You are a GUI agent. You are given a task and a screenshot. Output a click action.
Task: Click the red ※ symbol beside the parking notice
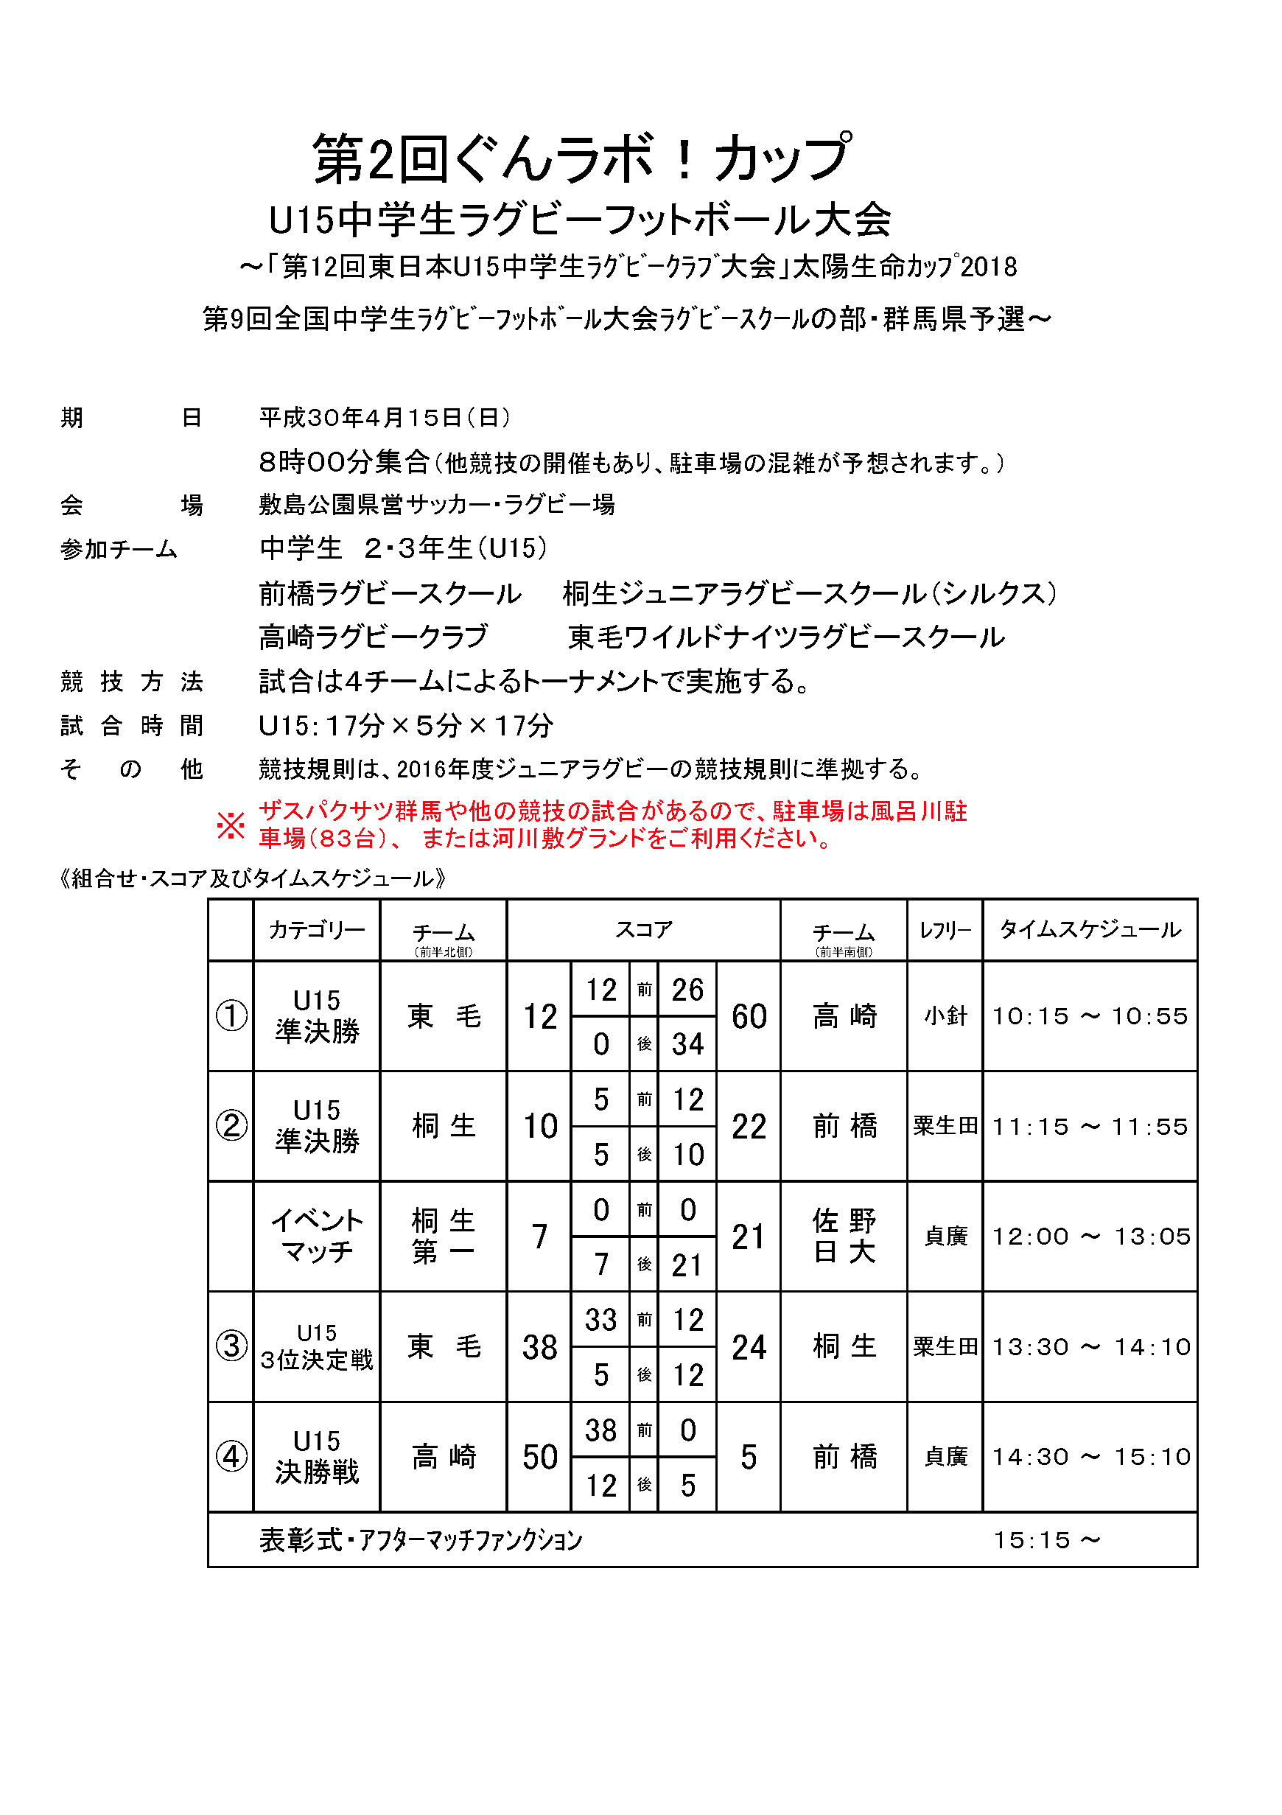click(x=231, y=825)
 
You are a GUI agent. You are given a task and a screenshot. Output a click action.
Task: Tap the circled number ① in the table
click(x=231, y=1015)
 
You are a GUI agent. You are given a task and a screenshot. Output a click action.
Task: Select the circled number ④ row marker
click(x=231, y=1456)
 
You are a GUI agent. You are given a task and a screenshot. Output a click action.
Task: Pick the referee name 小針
click(x=945, y=1015)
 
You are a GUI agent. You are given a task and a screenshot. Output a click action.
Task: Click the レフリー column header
click(x=945, y=931)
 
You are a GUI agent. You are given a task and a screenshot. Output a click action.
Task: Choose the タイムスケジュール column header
click(x=1090, y=931)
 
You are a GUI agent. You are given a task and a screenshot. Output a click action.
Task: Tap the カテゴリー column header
click(x=317, y=931)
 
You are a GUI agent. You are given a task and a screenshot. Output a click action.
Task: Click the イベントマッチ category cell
click(x=317, y=1237)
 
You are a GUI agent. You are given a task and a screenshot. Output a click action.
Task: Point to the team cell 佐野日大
click(x=844, y=1237)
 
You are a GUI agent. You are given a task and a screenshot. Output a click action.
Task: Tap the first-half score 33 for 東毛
click(x=600, y=1319)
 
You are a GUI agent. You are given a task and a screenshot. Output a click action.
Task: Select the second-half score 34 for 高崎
click(x=687, y=1044)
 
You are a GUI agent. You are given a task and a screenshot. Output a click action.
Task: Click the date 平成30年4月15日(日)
click(x=385, y=417)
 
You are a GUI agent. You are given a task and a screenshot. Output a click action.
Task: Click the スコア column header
click(x=643, y=931)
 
